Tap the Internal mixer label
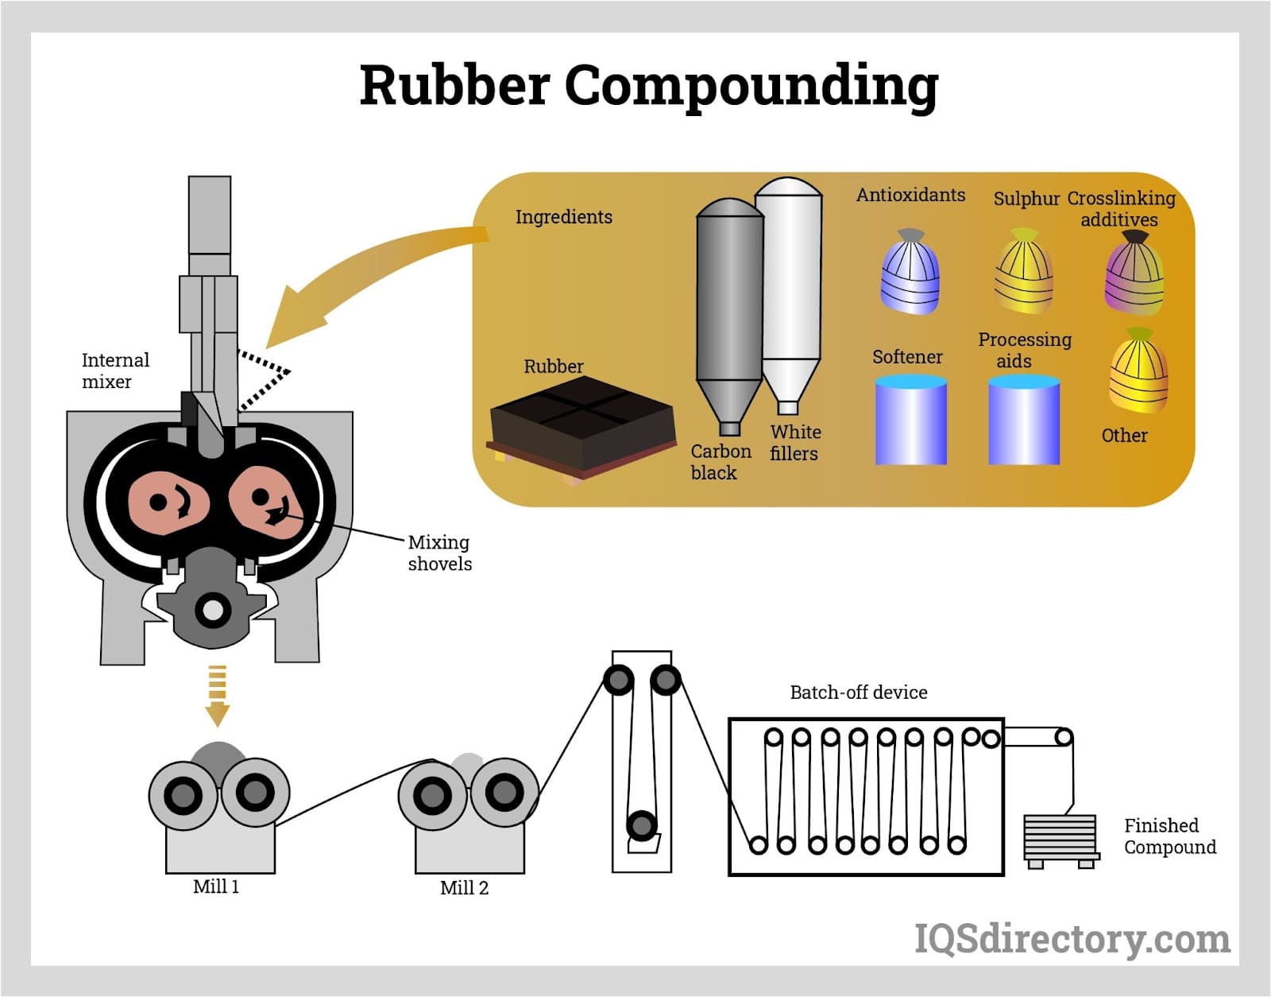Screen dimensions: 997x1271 [x=115, y=370]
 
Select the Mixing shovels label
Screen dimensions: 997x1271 [x=439, y=553]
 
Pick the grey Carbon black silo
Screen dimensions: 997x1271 [x=728, y=310]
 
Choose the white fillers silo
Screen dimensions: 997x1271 [x=789, y=286]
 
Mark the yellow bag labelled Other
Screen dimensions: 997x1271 [x=1138, y=372]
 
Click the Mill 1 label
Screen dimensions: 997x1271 [x=216, y=886]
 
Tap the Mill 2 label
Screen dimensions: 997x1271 [x=464, y=888]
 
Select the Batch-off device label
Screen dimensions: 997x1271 [x=858, y=692]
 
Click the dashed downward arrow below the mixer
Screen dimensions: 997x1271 [x=217, y=696]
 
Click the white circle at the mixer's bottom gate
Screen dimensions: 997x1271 [x=213, y=611]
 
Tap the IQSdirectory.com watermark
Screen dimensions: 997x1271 [x=1072, y=939]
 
